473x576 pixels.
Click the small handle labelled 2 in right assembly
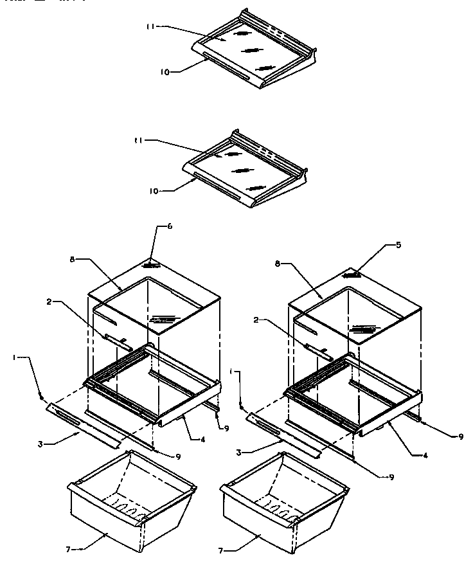pyautogui.click(x=319, y=350)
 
